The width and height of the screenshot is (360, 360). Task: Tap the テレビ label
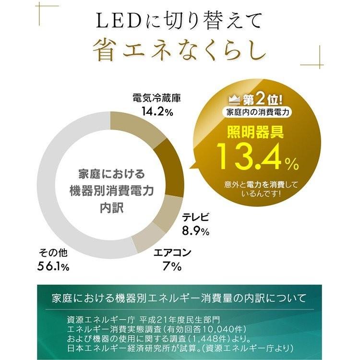196,217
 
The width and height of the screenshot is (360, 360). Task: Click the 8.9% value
195,231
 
